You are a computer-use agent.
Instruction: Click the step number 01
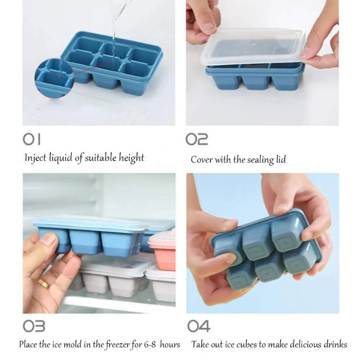point(31,139)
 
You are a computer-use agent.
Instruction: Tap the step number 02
point(197,139)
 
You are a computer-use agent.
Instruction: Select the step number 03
point(34,326)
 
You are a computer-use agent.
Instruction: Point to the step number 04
point(198,326)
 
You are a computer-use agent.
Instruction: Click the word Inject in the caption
point(36,158)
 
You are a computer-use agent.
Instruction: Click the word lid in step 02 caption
point(281,159)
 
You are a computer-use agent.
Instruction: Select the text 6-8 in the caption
point(150,345)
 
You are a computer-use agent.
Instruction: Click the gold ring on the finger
point(43,283)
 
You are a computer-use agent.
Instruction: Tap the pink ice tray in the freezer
point(162,251)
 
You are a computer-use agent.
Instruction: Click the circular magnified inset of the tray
point(54,78)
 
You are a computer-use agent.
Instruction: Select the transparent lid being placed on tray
point(252,48)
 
